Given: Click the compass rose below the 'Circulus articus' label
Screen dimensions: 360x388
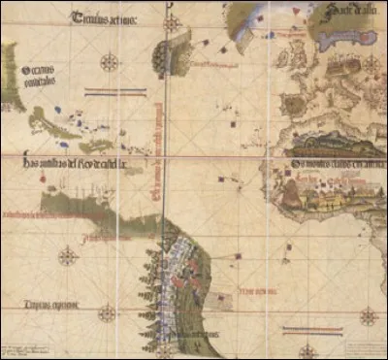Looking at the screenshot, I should [110, 62].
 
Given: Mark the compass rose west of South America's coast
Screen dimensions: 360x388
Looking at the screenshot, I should [67, 256].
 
